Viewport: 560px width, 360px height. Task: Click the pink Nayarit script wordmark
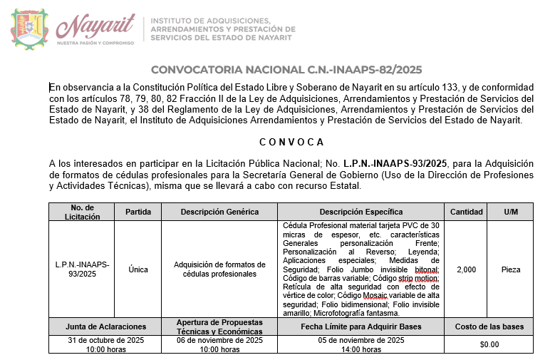(95, 27)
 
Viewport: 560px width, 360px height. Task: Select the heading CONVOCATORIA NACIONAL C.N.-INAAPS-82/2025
(286, 69)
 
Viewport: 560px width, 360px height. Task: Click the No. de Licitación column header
(83, 212)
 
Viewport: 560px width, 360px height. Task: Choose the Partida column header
(138, 212)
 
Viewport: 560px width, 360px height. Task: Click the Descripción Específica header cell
(361, 212)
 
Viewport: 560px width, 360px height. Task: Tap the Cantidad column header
(466, 212)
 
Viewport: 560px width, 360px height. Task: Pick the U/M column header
(511, 212)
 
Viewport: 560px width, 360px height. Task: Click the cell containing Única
(138, 269)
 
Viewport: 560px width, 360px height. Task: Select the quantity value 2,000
(466, 269)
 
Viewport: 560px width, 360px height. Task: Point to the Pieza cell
(511, 269)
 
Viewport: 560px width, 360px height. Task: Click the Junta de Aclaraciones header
(105, 326)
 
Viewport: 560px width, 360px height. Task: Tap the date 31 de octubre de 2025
(105, 340)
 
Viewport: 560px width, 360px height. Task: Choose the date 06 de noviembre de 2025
(219, 340)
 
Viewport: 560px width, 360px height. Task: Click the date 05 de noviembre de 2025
(361, 340)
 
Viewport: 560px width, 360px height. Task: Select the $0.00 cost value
(489, 344)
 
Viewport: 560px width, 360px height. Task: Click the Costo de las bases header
(489, 326)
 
